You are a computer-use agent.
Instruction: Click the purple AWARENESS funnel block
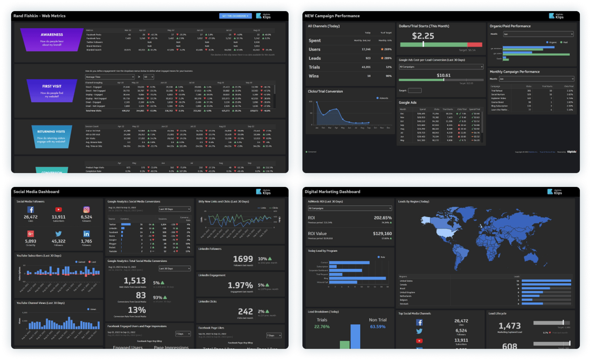pyautogui.click(x=52, y=39)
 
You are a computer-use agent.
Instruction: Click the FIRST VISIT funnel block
pyautogui.click(x=52, y=91)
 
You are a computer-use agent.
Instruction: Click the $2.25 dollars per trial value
pyautogui.click(x=423, y=36)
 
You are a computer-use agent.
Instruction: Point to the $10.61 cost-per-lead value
pyautogui.click(x=443, y=75)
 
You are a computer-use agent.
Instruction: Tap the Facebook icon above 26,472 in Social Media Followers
pyautogui.click(x=31, y=210)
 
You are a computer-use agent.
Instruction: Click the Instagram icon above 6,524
pyautogui.click(x=86, y=210)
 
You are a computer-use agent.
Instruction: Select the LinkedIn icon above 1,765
pyautogui.click(x=86, y=234)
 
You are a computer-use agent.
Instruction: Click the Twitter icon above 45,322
pyautogui.click(x=59, y=234)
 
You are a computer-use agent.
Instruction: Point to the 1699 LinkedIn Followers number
pyautogui.click(x=243, y=259)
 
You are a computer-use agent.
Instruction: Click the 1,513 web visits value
pyautogui.click(x=135, y=281)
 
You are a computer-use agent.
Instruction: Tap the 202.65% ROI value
pyautogui.click(x=382, y=218)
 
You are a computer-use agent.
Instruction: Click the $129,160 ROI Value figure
pyautogui.click(x=382, y=234)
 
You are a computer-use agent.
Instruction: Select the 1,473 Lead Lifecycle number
pyautogui.click(x=509, y=326)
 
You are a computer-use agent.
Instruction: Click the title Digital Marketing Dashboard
pyautogui.click(x=332, y=192)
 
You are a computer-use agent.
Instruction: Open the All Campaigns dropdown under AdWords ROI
pyautogui.click(x=349, y=208)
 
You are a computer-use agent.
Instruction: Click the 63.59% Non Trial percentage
pyautogui.click(x=377, y=327)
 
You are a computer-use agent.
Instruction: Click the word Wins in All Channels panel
pyautogui.click(x=313, y=76)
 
